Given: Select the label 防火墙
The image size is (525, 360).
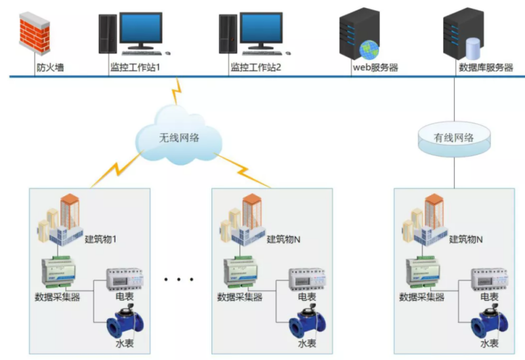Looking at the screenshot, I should pyautogui.click(x=50, y=67).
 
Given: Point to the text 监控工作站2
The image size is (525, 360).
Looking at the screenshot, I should pyautogui.click(x=256, y=67).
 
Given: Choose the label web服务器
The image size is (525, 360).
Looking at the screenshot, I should pyautogui.click(x=376, y=67).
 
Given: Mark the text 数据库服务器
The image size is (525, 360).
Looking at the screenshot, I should pyautogui.click(x=486, y=67).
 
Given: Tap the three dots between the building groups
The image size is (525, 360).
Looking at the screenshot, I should pyautogui.click(x=179, y=280).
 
